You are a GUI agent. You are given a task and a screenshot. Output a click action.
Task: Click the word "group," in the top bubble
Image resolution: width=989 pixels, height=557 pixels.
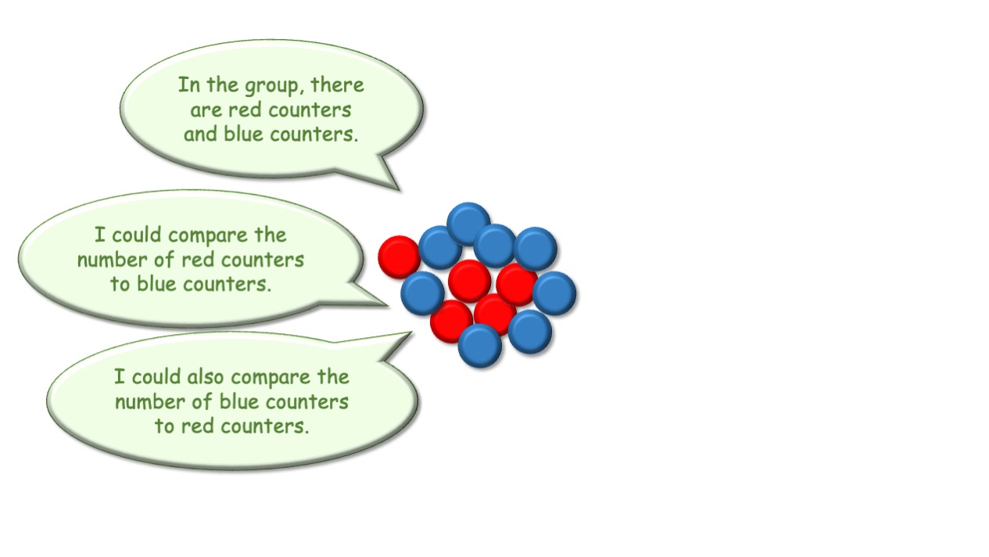point(274,86)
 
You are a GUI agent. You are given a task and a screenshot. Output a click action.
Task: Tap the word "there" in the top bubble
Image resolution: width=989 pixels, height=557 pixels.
point(337,84)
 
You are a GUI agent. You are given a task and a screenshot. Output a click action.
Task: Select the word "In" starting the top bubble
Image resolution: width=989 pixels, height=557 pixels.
point(189,84)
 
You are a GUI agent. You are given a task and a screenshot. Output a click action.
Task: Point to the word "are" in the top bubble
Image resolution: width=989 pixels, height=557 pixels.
point(206,110)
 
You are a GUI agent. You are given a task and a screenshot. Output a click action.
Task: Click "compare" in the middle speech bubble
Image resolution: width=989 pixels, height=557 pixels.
point(208,236)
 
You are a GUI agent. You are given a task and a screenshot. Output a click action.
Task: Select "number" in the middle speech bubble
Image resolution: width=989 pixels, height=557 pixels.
point(112,260)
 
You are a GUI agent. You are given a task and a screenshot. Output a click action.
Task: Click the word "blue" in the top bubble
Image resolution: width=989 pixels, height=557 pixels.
point(243,134)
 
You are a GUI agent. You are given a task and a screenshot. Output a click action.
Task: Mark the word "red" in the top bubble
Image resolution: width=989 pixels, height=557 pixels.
point(245,110)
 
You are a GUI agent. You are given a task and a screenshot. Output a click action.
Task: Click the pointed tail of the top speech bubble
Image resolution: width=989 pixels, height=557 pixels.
point(400,190)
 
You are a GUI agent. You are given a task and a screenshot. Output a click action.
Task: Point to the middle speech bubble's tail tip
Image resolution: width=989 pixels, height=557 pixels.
point(387,305)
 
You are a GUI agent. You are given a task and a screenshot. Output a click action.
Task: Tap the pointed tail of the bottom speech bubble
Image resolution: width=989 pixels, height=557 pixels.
point(411,332)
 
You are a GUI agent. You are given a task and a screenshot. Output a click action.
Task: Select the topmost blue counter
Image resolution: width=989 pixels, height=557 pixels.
point(468,224)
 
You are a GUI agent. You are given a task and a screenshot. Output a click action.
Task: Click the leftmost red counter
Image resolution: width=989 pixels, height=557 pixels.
point(400,257)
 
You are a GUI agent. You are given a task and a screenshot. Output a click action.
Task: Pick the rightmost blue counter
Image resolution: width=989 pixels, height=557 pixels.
point(554,293)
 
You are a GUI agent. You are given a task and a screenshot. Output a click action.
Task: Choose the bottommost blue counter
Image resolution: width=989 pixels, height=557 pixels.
point(480,346)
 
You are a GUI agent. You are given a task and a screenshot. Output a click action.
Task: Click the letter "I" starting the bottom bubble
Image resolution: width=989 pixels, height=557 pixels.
point(119,377)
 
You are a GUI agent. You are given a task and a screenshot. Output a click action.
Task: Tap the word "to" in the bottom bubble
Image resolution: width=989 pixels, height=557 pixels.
point(164,426)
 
